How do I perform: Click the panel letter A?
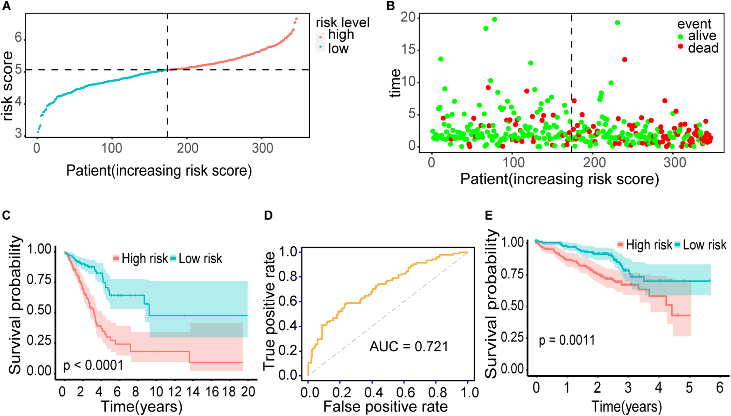point(6,6)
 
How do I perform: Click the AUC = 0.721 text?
point(409,347)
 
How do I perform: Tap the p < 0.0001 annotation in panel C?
point(93,365)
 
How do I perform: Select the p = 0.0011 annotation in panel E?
point(567,340)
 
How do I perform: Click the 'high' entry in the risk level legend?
point(341,35)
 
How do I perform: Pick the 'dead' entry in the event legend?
point(703,48)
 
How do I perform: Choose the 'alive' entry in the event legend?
point(702,36)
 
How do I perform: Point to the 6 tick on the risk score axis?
point(18,37)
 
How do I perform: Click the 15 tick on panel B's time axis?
point(408,49)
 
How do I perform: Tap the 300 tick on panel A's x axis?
point(262,148)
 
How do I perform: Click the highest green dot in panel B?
point(494,19)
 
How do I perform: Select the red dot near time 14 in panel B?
point(625,60)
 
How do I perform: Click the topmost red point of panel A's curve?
point(296,19)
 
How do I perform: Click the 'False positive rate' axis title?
point(385,407)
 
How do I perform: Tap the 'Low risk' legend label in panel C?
point(200,258)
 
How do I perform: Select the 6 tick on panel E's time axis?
point(720,388)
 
